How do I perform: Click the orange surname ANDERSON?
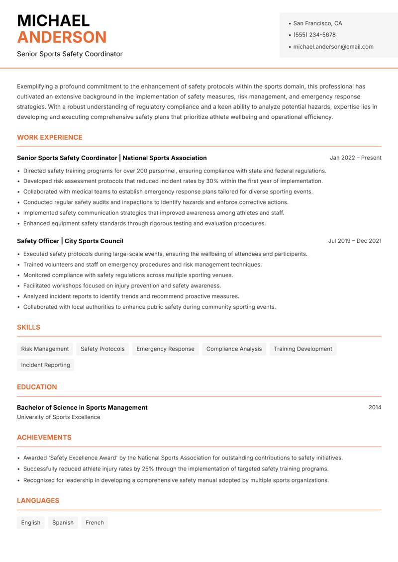click(62, 37)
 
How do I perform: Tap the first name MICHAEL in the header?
click(53, 20)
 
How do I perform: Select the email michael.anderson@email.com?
click(333, 47)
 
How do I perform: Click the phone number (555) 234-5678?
click(314, 35)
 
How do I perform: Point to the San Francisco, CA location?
click(317, 23)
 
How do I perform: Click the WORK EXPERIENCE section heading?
click(50, 137)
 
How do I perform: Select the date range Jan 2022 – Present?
click(355, 158)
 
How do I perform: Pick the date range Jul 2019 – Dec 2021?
click(355, 241)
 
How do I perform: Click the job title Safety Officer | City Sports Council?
click(70, 241)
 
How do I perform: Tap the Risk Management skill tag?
click(45, 349)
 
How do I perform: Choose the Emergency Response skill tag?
click(165, 349)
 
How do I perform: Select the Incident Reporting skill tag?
click(45, 365)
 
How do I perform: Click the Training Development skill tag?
click(302, 349)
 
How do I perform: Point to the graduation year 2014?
click(375, 407)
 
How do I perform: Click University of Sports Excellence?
click(59, 417)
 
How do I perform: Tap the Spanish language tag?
click(63, 522)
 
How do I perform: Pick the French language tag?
click(95, 522)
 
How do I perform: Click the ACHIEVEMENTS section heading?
click(44, 438)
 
